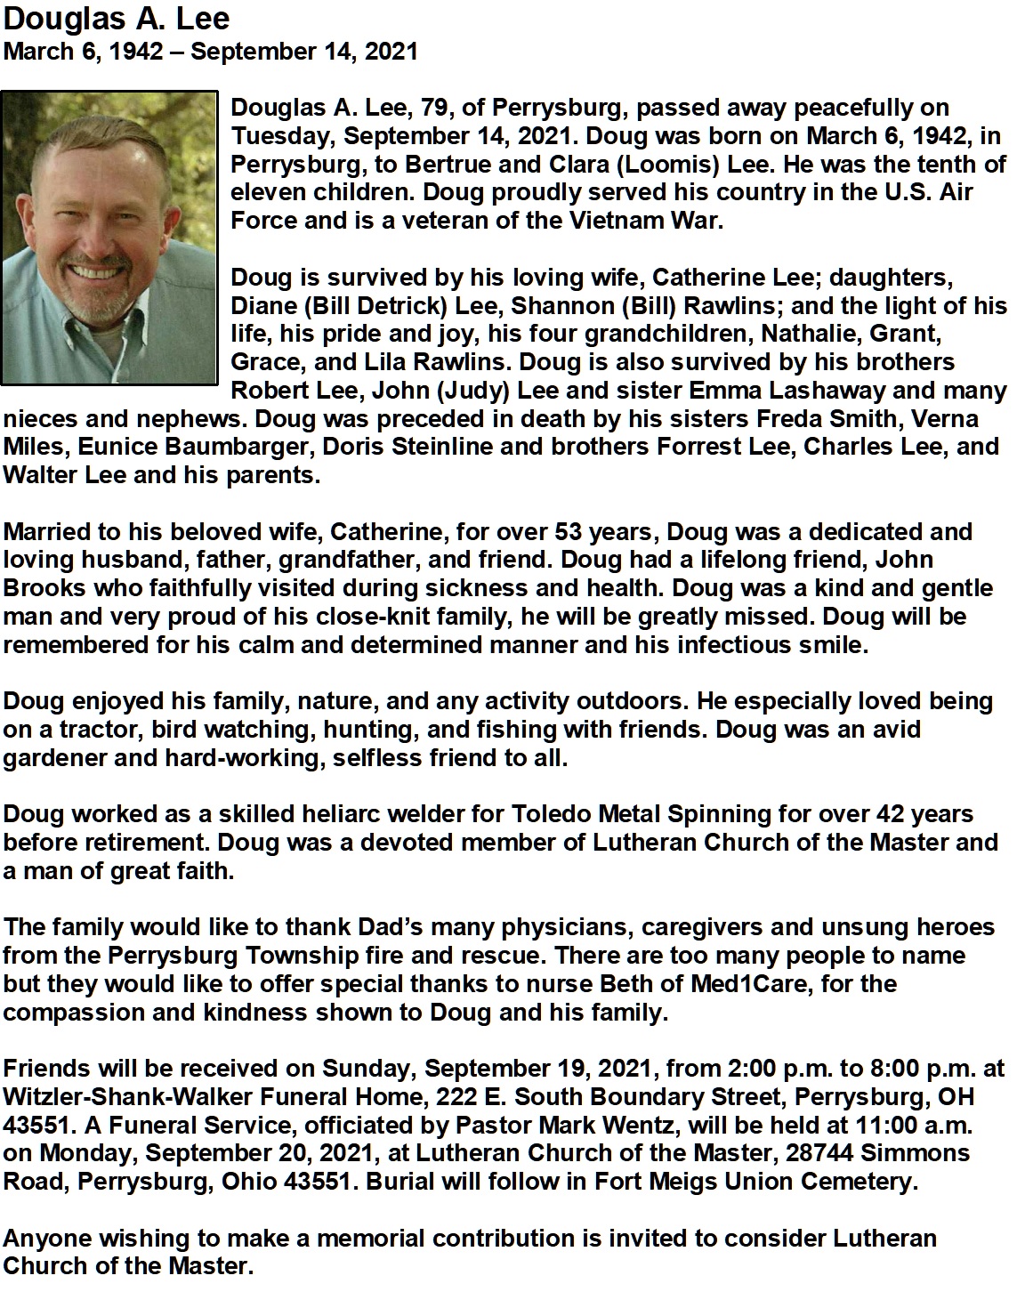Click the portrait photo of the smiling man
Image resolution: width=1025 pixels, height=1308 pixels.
[109, 238]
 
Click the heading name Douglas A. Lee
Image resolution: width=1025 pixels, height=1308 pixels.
[117, 19]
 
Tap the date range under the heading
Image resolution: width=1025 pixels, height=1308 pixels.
[211, 51]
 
